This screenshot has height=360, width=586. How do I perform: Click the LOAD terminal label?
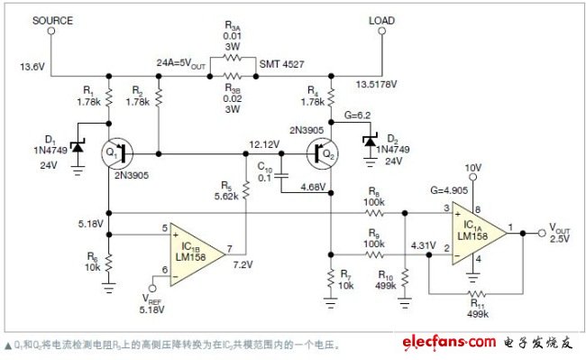coord(381,20)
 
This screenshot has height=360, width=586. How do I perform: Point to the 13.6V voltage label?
coord(29,65)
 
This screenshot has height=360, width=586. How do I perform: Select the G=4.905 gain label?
coord(439,190)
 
